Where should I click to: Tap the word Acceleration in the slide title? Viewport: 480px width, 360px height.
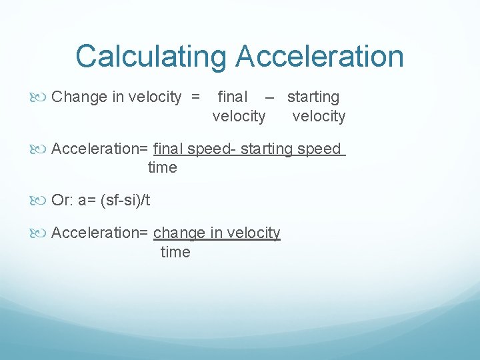(319, 57)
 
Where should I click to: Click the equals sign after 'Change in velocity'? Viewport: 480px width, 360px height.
(195, 97)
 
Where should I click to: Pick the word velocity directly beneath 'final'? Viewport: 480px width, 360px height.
(239, 117)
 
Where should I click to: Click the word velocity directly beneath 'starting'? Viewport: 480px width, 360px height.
(319, 117)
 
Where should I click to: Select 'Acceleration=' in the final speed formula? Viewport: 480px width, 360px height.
(101, 149)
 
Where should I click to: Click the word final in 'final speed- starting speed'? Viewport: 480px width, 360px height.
(168, 149)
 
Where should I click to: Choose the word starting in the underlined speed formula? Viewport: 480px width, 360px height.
(266, 149)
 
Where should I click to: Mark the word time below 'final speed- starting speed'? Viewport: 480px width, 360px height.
(162, 168)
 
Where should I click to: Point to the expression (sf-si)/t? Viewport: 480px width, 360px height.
(125, 200)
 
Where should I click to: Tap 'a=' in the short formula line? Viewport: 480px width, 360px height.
(87, 200)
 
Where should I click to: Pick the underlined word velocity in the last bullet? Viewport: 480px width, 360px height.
(254, 233)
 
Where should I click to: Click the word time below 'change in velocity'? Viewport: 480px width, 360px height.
(175, 252)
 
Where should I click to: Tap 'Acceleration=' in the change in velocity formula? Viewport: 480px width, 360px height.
(101, 233)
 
